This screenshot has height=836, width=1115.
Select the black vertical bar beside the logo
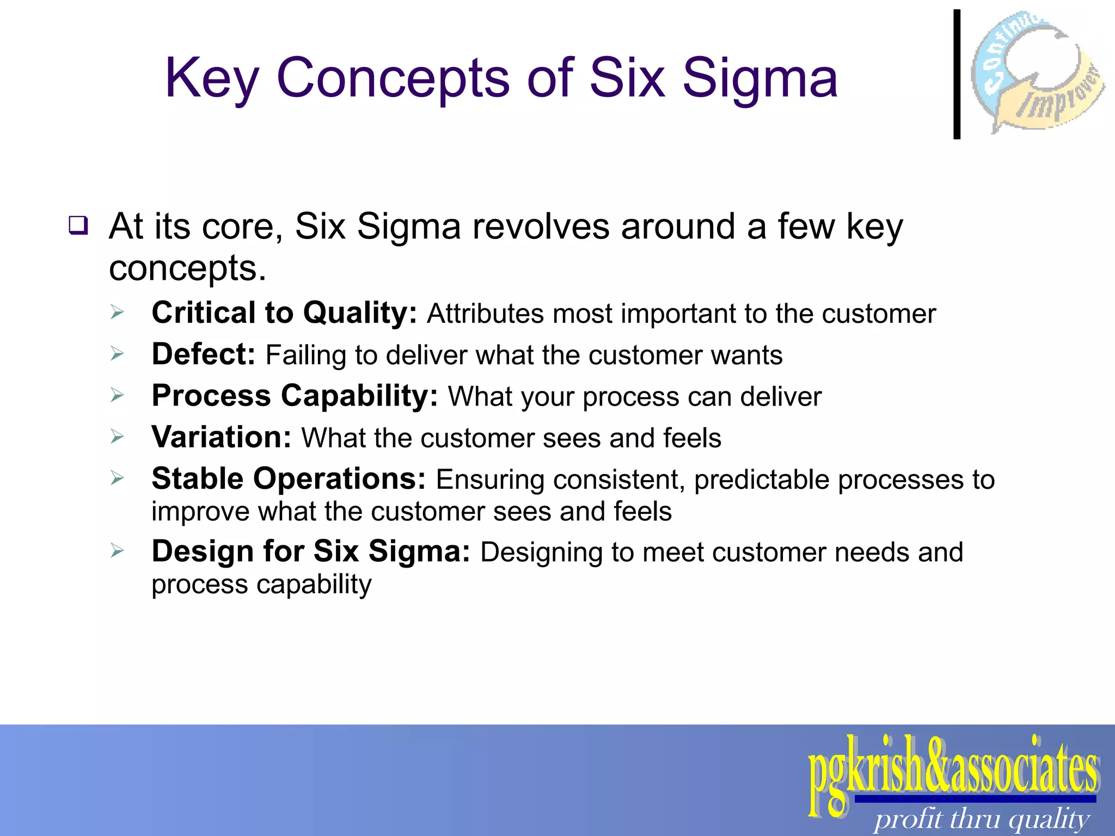(957, 75)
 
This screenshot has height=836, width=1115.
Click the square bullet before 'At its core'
(78, 225)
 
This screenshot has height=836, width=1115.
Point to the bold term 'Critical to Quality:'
(284, 313)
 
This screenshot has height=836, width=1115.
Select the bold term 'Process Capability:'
(295, 396)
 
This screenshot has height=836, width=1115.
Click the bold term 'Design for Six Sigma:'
(310, 551)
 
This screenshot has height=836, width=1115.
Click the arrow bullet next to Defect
(117, 354)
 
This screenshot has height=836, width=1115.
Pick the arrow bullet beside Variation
(117, 437)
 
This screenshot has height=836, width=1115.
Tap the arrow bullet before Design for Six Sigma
(117, 551)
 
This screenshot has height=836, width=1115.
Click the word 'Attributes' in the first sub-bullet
(485, 314)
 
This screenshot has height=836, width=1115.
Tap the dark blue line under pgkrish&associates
(975, 799)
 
